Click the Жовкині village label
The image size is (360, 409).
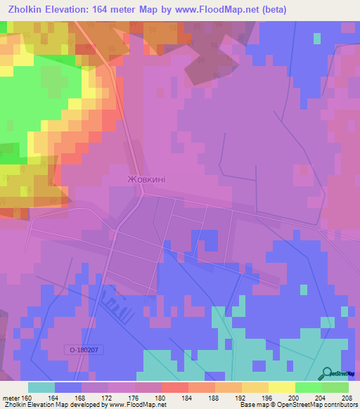pos(146,180)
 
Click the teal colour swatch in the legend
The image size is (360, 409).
pos(41,388)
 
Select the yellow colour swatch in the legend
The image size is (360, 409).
pos(281,388)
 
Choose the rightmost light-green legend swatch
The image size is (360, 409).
pos(335,388)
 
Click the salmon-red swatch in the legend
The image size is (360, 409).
pos(174,388)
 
